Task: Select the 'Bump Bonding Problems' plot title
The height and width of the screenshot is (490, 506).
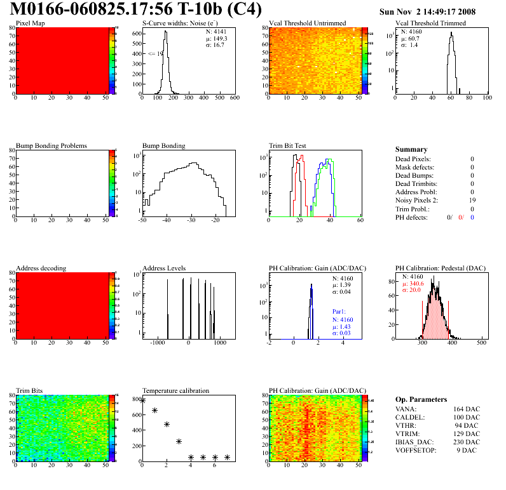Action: click(51, 146)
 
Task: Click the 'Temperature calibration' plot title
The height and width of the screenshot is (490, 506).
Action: click(175, 391)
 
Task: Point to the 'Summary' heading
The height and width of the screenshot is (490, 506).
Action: click(411, 149)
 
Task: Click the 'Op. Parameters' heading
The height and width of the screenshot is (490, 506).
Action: click(421, 399)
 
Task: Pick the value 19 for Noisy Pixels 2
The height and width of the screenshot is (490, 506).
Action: click(471, 200)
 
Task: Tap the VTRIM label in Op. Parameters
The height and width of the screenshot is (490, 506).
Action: click(407, 434)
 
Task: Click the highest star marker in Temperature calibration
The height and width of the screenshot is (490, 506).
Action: click(142, 401)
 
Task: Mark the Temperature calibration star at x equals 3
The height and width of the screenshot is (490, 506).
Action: click(179, 441)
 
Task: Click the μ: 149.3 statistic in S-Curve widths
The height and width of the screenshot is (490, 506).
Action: click(215, 38)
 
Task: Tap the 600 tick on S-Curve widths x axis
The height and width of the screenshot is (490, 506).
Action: click(234, 98)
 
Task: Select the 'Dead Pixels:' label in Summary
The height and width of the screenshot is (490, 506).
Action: click(413, 159)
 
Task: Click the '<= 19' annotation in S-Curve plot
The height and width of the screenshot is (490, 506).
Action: click(156, 54)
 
